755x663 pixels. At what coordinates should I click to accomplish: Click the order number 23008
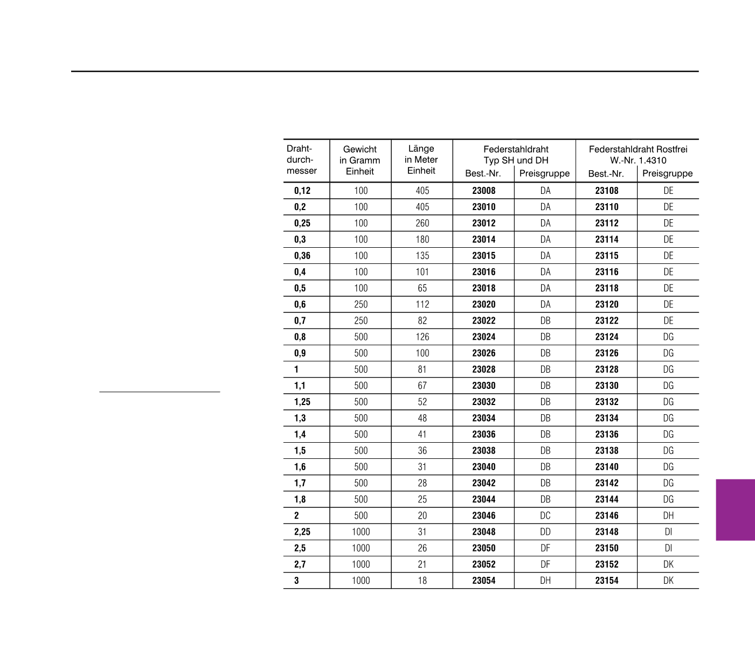tap(483, 191)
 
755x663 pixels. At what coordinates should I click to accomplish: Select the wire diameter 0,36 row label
tap(302, 256)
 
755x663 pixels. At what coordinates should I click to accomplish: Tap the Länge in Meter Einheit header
tap(421, 159)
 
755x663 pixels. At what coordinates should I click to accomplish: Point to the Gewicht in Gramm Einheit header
tap(360, 160)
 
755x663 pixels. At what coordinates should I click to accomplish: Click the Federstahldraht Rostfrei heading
tap(638, 155)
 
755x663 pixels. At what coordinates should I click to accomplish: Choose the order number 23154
tap(607, 581)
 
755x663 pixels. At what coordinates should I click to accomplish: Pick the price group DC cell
tap(545, 515)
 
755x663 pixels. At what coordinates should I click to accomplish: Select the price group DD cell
tap(545, 532)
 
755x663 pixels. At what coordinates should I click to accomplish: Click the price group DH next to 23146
tap(668, 515)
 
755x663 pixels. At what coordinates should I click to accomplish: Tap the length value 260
tap(422, 223)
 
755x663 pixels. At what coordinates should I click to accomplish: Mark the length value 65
tap(422, 288)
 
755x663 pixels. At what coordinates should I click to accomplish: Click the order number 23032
tap(483, 402)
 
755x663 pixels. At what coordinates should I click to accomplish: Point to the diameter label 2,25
tap(302, 532)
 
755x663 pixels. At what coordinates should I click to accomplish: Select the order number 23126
tap(607, 353)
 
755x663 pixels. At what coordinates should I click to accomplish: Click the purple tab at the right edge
tap(735, 510)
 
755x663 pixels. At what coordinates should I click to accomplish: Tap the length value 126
tap(422, 337)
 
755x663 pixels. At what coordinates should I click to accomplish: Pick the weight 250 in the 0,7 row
tap(361, 320)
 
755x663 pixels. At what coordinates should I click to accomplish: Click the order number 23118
tap(607, 288)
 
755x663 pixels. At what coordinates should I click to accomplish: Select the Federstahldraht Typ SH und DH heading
tap(516, 155)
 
